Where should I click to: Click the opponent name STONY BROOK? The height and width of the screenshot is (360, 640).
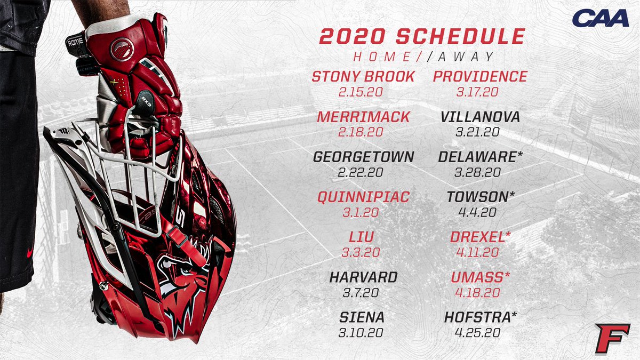(363, 77)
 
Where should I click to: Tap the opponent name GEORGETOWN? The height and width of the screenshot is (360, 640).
(363, 157)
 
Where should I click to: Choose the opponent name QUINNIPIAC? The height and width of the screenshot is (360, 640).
(363, 197)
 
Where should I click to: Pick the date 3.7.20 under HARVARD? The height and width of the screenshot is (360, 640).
(363, 292)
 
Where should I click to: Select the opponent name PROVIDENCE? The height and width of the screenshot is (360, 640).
(480, 77)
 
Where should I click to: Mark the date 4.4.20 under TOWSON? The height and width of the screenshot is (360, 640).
(477, 212)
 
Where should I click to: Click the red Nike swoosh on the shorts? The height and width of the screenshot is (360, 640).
(30, 250)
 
